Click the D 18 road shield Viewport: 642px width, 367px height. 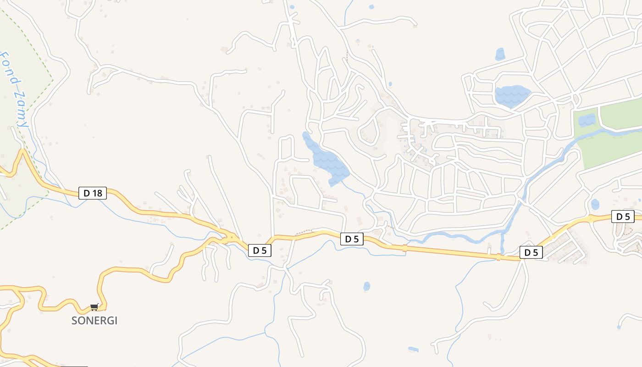(x=93, y=193)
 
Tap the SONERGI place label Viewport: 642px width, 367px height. (x=94, y=321)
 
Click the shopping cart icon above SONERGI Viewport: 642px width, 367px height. (x=94, y=307)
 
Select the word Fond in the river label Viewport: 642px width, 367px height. (x=9, y=69)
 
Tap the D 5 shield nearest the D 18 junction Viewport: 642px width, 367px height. (x=260, y=250)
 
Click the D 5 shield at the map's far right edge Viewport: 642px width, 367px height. (x=623, y=217)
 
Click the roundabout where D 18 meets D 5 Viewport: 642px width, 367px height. (x=228, y=238)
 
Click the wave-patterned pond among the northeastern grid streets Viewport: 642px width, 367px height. (x=512, y=95)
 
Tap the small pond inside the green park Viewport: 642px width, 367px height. (x=587, y=120)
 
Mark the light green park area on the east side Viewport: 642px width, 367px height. (x=614, y=133)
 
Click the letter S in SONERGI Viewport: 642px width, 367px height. (x=74, y=321)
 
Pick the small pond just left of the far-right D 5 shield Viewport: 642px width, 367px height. (x=595, y=204)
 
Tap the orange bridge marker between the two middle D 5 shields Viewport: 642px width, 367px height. (x=404, y=248)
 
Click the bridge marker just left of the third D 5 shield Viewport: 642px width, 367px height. (x=498, y=257)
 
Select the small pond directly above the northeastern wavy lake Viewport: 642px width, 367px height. (x=500, y=55)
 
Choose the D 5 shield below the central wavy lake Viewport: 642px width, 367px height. (x=352, y=239)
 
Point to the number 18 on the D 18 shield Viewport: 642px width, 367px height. (x=97, y=193)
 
